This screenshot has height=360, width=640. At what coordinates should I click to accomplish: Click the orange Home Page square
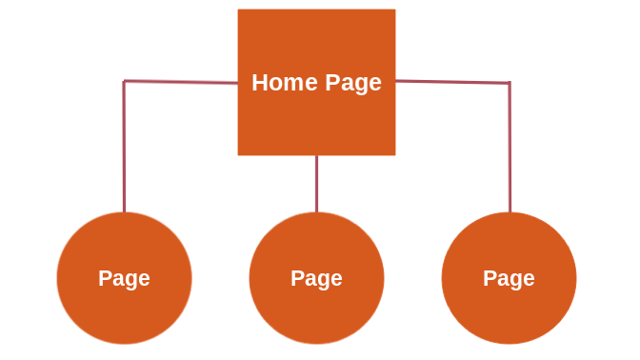[x=316, y=82]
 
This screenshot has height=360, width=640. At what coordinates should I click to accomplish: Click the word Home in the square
[x=285, y=83]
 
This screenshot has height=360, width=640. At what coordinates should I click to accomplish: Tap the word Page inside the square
[x=353, y=84]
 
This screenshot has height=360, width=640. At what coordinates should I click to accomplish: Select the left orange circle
[x=124, y=278]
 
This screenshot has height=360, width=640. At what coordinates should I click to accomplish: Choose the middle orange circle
[x=316, y=278]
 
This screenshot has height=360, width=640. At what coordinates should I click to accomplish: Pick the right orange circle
[x=509, y=278]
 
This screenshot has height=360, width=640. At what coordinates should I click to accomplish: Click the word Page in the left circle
[x=124, y=279]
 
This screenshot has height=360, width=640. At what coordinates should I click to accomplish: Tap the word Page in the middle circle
[x=316, y=279]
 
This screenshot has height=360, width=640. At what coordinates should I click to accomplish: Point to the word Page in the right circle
[x=509, y=279]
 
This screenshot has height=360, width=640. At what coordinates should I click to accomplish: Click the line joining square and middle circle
[x=316, y=184]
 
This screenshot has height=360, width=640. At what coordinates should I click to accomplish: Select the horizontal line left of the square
[x=181, y=82]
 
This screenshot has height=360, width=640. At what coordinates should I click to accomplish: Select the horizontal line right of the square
[x=452, y=82]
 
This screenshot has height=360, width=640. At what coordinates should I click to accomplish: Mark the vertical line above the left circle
[x=124, y=147]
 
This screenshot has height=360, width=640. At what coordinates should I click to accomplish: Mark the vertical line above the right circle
[x=510, y=148]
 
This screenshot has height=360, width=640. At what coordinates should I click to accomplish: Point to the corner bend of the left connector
[x=124, y=81]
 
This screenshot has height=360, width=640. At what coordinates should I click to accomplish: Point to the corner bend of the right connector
[x=510, y=83]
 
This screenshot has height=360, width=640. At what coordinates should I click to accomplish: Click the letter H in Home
[x=260, y=83]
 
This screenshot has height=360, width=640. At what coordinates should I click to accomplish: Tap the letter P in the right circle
[x=490, y=278]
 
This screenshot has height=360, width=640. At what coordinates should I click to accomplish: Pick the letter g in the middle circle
[x=321, y=282]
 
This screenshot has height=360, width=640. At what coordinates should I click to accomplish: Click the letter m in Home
[x=295, y=85]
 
